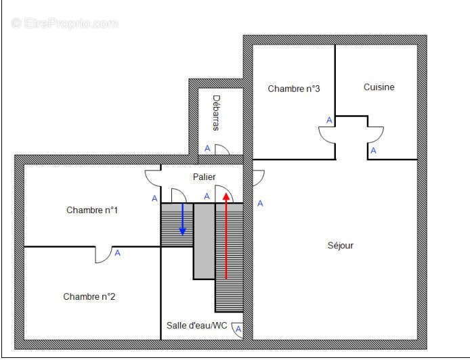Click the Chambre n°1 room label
pos(92,210)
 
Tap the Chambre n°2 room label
pos(89,296)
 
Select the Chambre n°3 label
pos(293,89)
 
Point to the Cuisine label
pos(379,87)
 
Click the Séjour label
pos(340,246)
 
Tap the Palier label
pos(204,177)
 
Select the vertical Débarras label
pos(216,112)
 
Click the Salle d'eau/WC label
pos(197,325)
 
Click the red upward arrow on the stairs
pos(226,237)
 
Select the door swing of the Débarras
pos(223,150)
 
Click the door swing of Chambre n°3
pos(326,134)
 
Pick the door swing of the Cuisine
pos(375,134)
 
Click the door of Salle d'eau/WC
pos(238,330)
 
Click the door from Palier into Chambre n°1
pos(153,179)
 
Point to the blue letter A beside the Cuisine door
pos(372,150)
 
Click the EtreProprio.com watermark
pos(65,23)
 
